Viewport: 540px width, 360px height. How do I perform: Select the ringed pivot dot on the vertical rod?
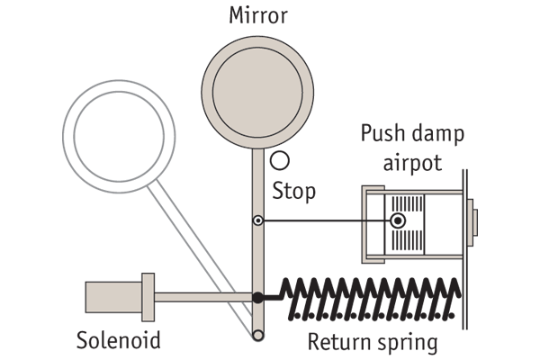(x=257, y=220)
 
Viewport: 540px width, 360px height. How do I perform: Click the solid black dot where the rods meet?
(x=257, y=297)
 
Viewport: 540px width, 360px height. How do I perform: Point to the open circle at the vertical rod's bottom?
(x=257, y=335)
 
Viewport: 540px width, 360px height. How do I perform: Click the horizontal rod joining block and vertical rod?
(x=198, y=297)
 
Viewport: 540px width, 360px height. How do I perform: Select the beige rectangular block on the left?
(x=112, y=297)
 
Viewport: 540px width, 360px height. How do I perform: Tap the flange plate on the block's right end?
(x=148, y=297)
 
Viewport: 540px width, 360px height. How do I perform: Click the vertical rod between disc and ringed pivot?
(x=257, y=180)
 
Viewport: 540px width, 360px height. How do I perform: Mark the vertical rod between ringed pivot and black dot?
(x=257, y=259)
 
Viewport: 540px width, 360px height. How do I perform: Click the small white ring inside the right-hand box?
(x=398, y=220)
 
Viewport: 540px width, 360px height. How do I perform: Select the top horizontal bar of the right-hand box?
(x=418, y=193)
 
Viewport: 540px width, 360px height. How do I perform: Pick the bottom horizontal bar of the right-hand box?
(x=418, y=256)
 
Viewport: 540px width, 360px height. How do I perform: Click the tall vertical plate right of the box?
(x=469, y=222)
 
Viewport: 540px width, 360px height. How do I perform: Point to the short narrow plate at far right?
(x=475, y=222)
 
